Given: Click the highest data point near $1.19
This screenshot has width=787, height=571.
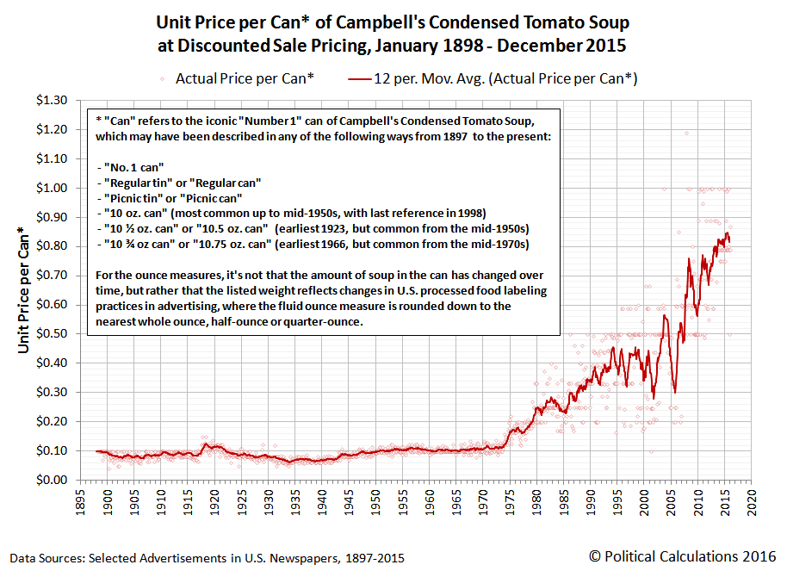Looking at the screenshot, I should [686, 133].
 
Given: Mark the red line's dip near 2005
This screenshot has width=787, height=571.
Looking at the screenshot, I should [674, 392].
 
